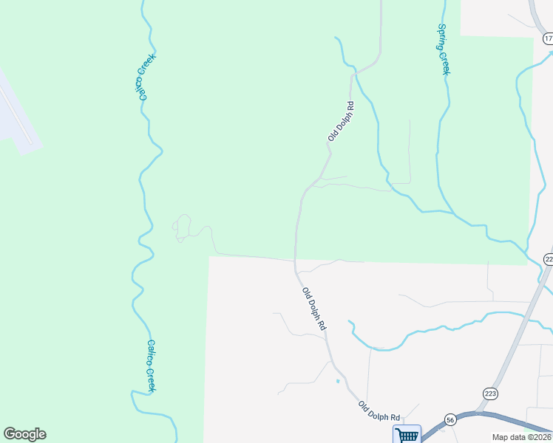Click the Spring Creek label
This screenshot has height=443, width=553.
click(444, 49)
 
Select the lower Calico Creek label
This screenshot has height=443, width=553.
click(151, 365)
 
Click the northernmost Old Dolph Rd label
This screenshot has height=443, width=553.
click(342, 121)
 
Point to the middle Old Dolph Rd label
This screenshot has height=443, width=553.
click(314, 309)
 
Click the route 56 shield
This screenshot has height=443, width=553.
click(450, 419)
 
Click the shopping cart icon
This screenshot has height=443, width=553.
click(407, 435)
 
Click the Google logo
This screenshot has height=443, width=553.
click(24, 434)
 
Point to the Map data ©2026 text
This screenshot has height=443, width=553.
click(521, 437)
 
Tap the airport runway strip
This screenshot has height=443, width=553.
click(16, 111)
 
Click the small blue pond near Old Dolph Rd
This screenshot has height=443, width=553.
click(338, 381)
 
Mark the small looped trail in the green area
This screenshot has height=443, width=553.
click(182, 227)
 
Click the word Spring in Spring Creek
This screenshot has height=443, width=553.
click(442, 36)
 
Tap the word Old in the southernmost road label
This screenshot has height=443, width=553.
click(364, 405)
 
